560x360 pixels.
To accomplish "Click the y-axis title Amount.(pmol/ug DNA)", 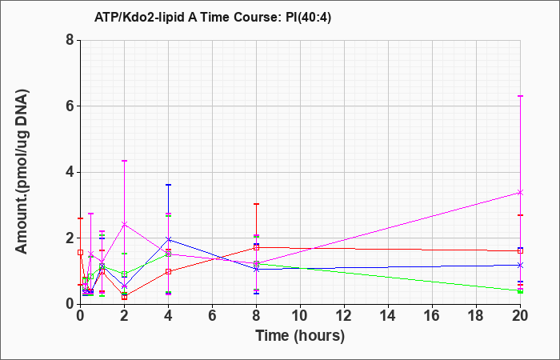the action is coord(22,172).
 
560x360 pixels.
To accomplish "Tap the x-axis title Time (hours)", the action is coord(300,336).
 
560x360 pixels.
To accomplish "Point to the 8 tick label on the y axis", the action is coord(70,40).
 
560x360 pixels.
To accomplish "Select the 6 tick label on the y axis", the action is coord(70,106).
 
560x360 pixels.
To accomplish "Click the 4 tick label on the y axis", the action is coord(70,172).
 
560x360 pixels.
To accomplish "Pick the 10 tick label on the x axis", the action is coord(300,316).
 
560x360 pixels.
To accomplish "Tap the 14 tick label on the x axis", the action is coord(388,316).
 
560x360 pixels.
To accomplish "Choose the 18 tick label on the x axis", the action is coord(477,316).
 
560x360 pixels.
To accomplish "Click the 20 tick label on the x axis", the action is coord(520,316).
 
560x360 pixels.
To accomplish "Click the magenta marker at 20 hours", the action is coord(520,193).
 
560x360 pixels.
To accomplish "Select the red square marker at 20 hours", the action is coord(520,250).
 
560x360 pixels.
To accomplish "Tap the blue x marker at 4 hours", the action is coord(169,239).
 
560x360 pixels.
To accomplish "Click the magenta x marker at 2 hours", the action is coord(124,224).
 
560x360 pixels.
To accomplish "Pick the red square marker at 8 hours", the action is coord(257,247).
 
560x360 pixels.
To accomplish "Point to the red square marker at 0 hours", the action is coord(80,253).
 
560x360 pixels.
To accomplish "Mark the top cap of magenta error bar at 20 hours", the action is coord(520,96).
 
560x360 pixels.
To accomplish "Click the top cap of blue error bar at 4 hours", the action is coord(169,185).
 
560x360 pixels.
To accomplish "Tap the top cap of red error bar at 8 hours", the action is coord(257,204).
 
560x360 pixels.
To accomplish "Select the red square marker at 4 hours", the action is coord(169,271).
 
